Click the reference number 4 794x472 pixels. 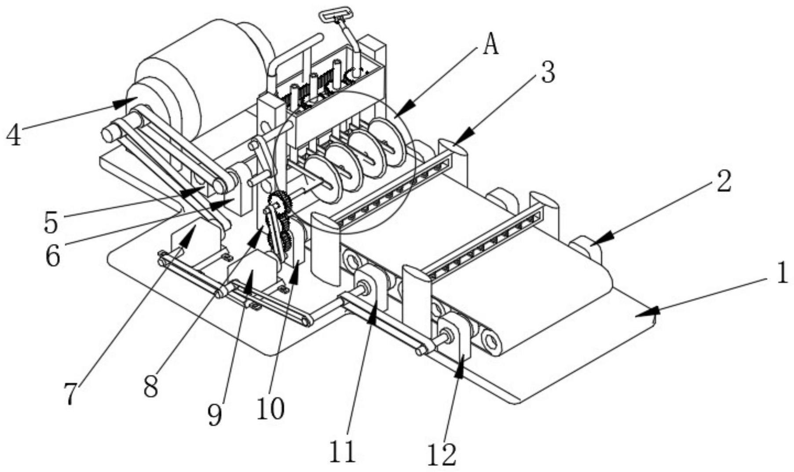click(14, 135)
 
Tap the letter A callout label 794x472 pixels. click(491, 45)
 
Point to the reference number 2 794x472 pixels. click(724, 181)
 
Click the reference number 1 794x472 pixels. click(782, 274)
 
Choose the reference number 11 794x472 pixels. click(343, 451)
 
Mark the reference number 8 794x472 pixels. click(151, 388)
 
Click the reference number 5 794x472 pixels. click(51, 223)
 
